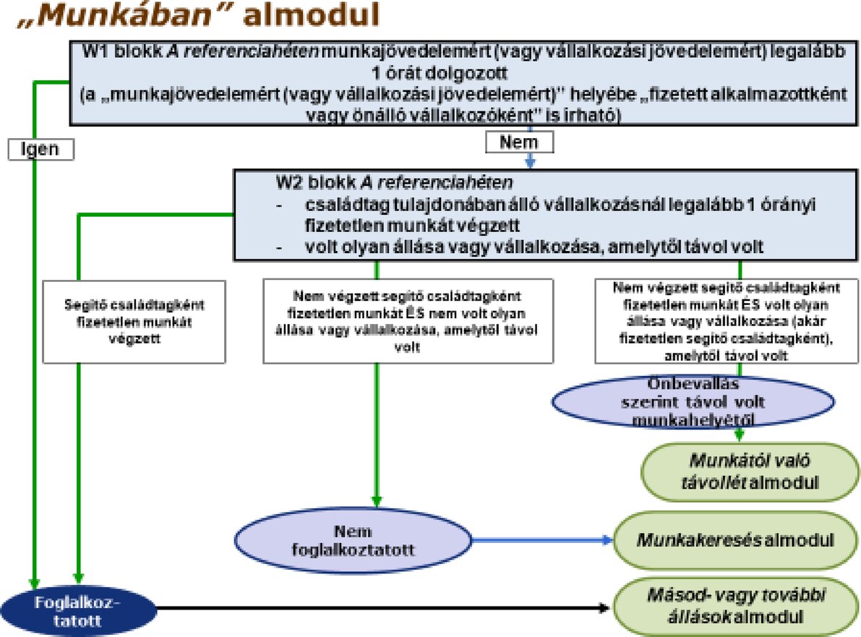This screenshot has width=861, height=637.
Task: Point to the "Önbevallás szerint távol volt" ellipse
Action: point(693,401)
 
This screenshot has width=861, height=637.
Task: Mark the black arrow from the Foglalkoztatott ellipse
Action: point(383,607)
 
